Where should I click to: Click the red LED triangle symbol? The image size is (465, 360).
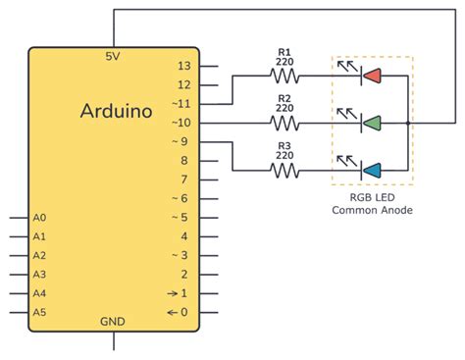(x=372, y=76)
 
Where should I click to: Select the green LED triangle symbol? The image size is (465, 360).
(x=372, y=123)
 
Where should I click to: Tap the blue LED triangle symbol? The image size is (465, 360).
(x=372, y=170)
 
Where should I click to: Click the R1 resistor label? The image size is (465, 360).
(x=284, y=52)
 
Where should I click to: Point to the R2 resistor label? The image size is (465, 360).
(x=284, y=99)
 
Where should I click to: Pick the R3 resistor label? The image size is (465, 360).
(x=284, y=146)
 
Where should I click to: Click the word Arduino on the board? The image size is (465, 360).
(x=116, y=112)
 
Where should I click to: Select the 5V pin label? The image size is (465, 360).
(x=113, y=57)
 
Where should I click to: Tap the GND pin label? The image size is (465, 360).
(x=113, y=321)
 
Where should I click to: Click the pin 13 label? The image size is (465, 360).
(x=183, y=66)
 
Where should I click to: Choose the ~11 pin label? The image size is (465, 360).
(x=181, y=103)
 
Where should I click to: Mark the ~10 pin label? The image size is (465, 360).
(x=181, y=123)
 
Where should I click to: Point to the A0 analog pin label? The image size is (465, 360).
(x=39, y=218)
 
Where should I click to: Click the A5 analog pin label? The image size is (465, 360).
(x=39, y=312)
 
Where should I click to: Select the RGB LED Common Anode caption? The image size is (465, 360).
(x=372, y=203)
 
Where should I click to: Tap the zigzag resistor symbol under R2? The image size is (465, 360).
(x=284, y=123)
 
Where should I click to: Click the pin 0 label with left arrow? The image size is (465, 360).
(x=179, y=312)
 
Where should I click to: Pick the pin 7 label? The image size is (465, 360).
(x=183, y=180)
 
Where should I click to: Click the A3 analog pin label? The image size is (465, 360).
(x=39, y=275)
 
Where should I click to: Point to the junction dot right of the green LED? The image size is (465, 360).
(x=407, y=123)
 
